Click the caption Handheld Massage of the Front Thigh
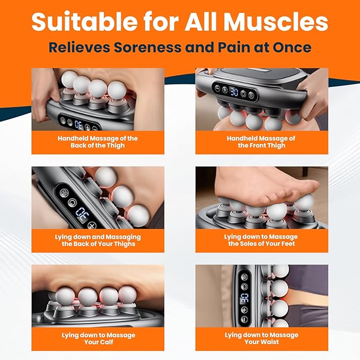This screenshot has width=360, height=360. tap(261, 142)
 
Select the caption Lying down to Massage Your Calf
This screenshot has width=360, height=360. tap(98, 338)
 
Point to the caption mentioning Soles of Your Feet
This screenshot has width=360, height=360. tap(261, 240)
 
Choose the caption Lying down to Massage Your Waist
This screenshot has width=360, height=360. tap(261, 338)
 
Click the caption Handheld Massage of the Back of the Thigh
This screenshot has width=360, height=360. tap(98, 142)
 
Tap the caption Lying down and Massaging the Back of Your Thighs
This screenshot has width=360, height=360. tap(98, 240)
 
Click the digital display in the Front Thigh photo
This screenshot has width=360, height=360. tap(234, 92)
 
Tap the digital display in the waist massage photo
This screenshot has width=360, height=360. tap(244, 296)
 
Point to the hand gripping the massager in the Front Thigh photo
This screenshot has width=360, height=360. tap(313, 87)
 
